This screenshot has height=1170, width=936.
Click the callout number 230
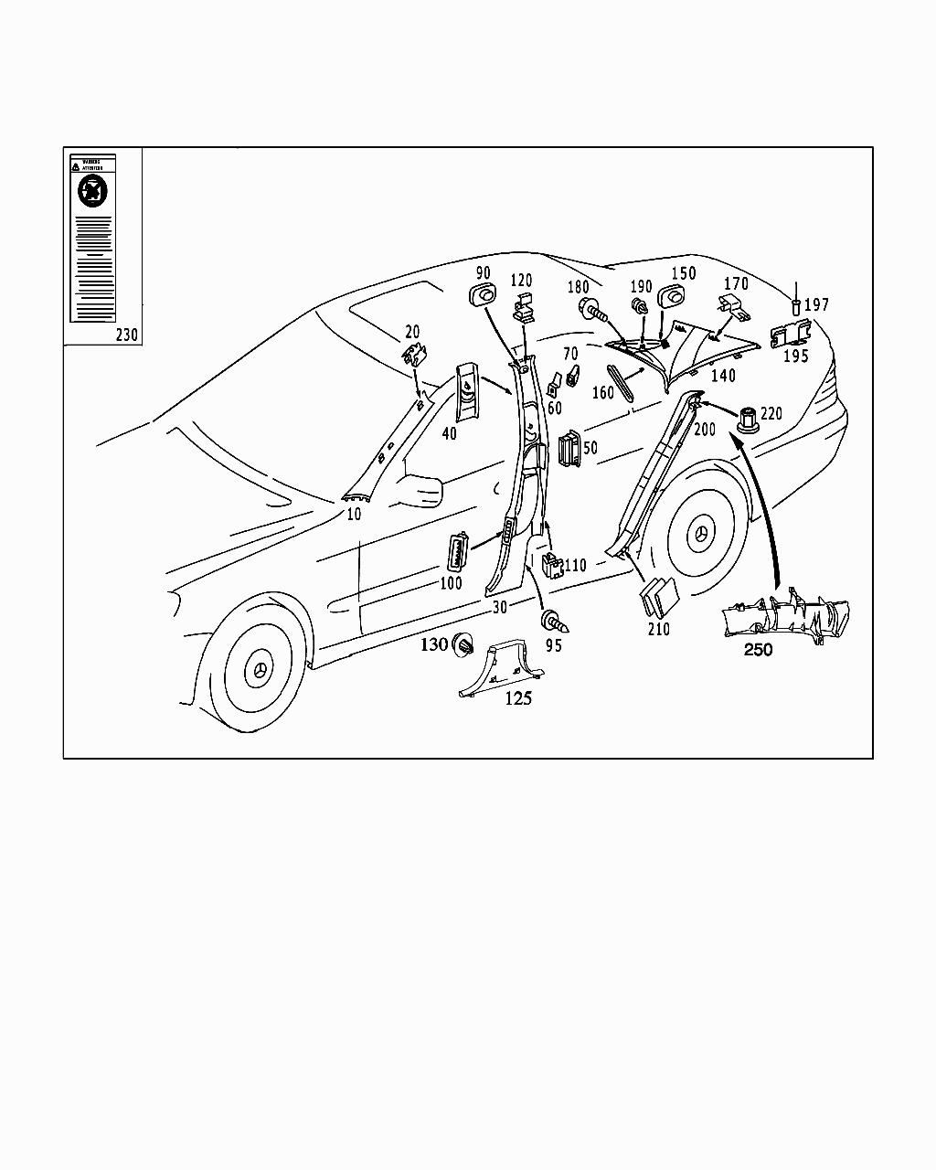127,335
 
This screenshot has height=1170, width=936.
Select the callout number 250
758,651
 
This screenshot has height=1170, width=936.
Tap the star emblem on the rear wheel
702,536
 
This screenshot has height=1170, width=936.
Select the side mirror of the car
420,490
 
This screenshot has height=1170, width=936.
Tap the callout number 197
817,304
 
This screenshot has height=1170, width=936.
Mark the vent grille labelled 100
454,555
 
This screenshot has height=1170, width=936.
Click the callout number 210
658,629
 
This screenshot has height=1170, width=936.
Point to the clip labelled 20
416,355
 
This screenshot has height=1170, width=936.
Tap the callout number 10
354,515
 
